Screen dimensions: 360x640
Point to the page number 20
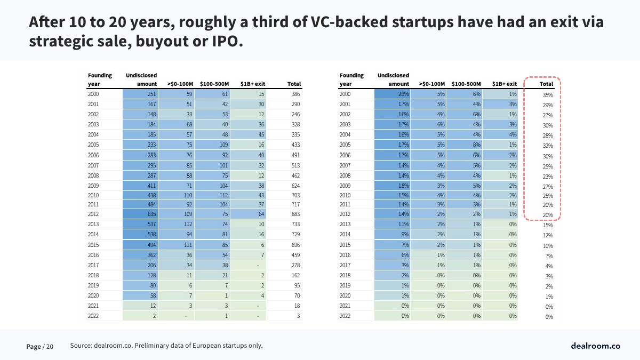coord(50,347)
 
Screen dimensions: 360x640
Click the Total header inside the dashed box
coord(546,84)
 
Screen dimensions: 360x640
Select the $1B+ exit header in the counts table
coord(253,84)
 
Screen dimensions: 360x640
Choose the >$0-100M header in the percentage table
coord(432,84)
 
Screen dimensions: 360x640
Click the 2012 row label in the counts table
coord(94,213)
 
